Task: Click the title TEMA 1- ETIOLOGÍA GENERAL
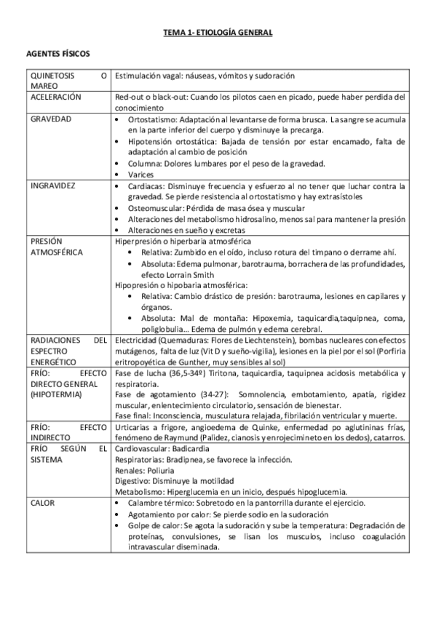pos(218,33)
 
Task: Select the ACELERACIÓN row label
pos(55,96)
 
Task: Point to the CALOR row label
pos(43,502)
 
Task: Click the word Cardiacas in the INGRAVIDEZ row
pos(144,186)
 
